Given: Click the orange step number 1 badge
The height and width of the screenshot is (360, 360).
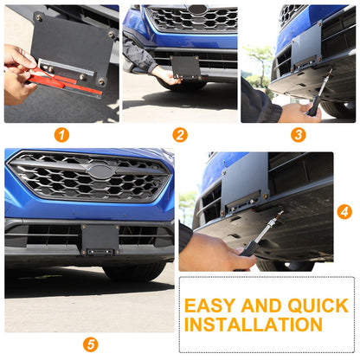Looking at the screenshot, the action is pos(61,135).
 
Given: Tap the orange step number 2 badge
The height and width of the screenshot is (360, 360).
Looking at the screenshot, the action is pos(180,135).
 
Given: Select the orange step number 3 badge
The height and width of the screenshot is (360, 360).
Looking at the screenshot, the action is pos(299,135).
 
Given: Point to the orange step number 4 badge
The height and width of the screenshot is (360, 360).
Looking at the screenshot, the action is pos(344,212).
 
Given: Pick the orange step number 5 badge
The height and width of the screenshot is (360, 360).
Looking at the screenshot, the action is pos(90,344).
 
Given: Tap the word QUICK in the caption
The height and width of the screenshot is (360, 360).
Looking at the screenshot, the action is pos(318,305).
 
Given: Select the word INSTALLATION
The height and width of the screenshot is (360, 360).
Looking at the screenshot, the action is pos(254,325).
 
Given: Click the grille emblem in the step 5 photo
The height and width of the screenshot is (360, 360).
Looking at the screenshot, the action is pos(100,171).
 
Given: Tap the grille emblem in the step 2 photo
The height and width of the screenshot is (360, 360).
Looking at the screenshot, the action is pos(197,10).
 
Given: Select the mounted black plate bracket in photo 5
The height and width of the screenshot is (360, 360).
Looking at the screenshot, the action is pos(100,240).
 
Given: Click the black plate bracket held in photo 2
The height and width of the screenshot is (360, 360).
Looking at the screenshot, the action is pos(185,67).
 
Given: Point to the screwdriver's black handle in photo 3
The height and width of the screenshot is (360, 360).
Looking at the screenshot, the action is pos(314,106).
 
